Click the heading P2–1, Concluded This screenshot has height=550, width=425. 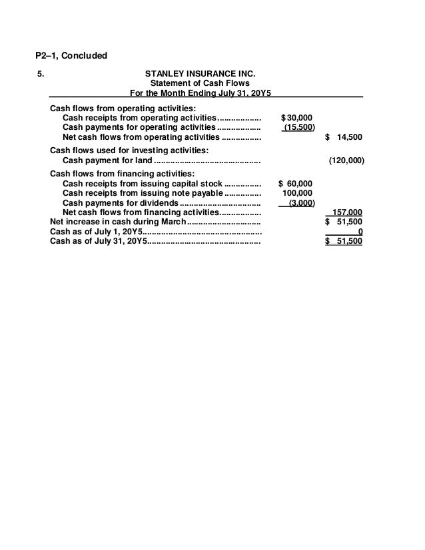pos(71,55)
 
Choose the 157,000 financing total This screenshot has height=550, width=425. pos(348,212)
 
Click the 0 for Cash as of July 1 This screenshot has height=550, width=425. pos(360,232)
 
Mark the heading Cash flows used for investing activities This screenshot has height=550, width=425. pos(129,150)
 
